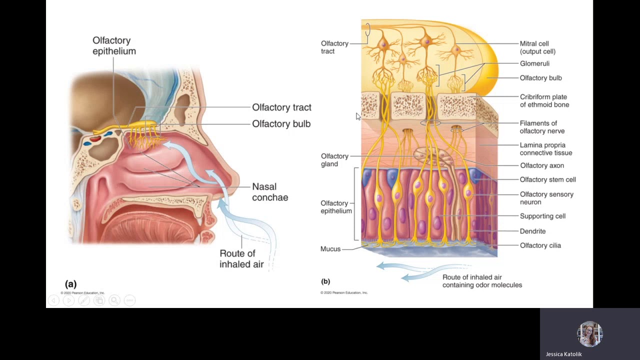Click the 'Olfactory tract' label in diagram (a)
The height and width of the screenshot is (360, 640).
click(281, 107)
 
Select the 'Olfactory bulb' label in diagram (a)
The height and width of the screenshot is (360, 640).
click(281, 124)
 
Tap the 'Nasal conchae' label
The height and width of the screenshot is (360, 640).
click(270, 192)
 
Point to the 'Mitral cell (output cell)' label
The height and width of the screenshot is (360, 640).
click(537, 47)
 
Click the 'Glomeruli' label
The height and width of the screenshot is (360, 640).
click(534, 63)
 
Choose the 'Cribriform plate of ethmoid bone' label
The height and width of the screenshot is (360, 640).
click(544, 101)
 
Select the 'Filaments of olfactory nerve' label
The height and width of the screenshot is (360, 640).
click(542, 127)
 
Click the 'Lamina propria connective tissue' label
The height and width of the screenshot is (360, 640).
click(546, 149)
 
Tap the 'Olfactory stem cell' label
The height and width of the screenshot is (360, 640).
click(548, 179)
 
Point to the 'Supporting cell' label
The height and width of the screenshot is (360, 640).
click(542, 216)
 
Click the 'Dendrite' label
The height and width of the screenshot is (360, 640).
click(532, 231)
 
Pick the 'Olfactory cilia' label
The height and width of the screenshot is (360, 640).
click(540, 245)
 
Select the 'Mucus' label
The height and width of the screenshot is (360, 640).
click(330, 249)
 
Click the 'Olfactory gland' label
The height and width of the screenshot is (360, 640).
click(334, 160)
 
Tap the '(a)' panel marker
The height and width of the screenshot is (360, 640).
click(70, 284)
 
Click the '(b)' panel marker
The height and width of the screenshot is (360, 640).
click(325, 281)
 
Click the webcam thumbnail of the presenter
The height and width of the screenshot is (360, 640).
click(589, 334)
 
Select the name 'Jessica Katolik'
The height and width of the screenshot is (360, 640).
click(563, 354)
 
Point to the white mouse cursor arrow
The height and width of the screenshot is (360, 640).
click(358, 116)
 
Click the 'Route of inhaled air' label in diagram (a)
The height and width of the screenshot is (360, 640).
click(241, 259)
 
